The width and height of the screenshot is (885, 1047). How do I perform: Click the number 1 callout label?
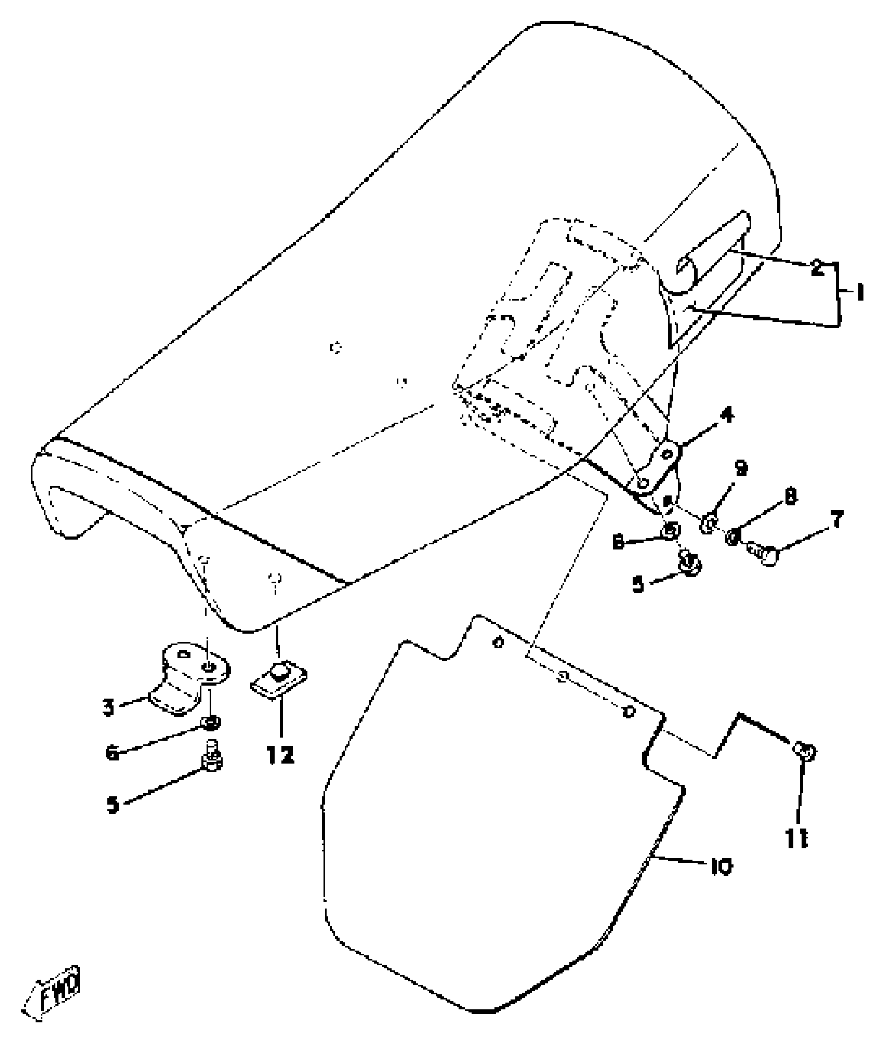coord(858,293)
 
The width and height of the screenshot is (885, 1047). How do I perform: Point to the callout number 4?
coord(727,416)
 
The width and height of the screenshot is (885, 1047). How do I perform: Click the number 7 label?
coord(837,520)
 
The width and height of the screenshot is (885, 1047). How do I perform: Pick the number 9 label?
coord(741,468)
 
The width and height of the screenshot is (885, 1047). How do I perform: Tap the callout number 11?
coord(797,838)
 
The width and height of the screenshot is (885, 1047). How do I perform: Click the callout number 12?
coord(280,754)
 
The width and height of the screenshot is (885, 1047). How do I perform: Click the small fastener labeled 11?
coord(805,751)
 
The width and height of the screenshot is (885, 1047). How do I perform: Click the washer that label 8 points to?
coord(732,538)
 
